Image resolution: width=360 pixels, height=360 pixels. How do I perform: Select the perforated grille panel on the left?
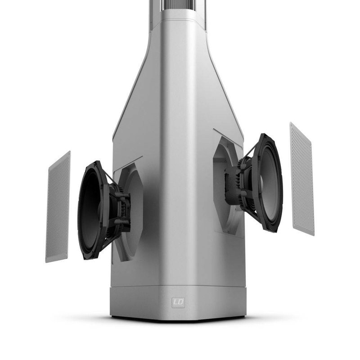58,207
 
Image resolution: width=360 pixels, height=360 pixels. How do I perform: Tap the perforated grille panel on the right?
301,179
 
